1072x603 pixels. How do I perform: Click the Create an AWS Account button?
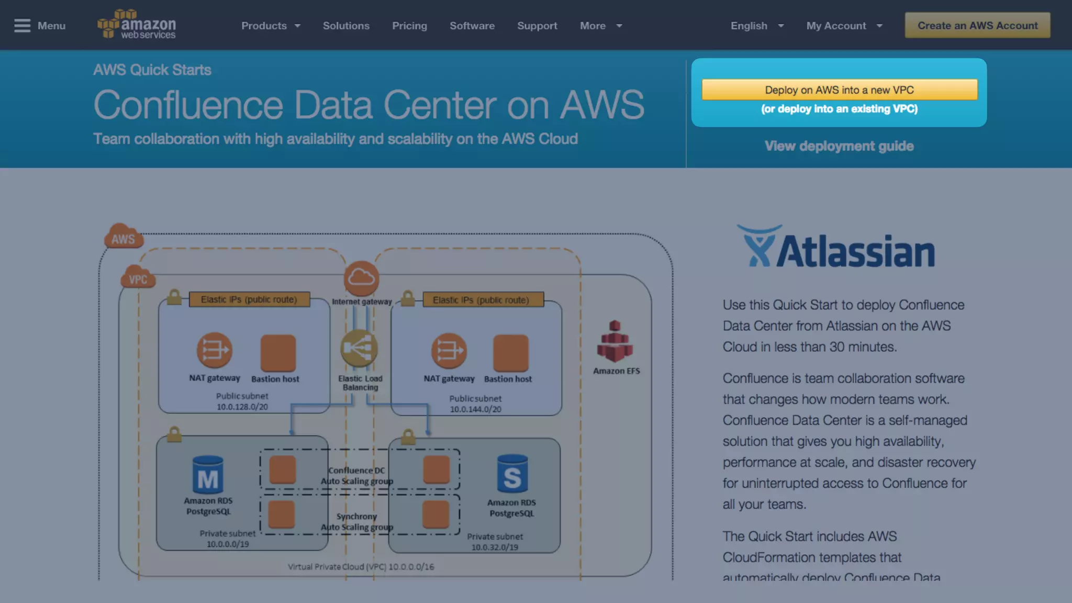pyautogui.click(x=977, y=26)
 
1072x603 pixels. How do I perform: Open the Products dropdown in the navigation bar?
pyautogui.click(x=271, y=26)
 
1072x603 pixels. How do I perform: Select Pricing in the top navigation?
pyautogui.click(x=409, y=26)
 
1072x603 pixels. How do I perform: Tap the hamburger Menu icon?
pyautogui.click(x=23, y=26)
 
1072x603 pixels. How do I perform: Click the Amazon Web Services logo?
pyautogui.click(x=137, y=25)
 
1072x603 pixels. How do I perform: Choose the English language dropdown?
pyautogui.click(x=756, y=26)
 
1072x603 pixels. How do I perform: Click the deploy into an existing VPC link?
pyautogui.click(x=839, y=109)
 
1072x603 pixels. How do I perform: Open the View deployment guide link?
pyautogui.click(x=839, y=146)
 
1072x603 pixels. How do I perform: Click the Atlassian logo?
pyautogui.click(x=835, y=247)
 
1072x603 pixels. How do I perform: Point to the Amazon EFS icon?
pyautogui.click(x=615, y=341)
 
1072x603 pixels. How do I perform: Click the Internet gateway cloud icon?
pyautogui.click(x=361, y=277)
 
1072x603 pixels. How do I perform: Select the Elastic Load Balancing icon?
pyautogui.click(x=359, y=348)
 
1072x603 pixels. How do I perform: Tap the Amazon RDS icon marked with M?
pyautogui.click(x=208, y=475)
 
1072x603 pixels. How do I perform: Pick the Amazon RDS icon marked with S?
pyautogui.click(x=512, y=474)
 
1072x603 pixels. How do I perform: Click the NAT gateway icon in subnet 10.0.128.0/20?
pyautogui.click(x=214, y=350)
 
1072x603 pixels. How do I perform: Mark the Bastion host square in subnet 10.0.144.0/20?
pyautogui.click(x=510, y=353)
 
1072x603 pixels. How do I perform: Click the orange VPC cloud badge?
pyautogui.click(x=138, y=278)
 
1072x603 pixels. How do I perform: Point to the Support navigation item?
pyautogui.click(x=537, y=26)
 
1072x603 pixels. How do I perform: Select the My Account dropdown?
pyautogui.click(x=844, y=26)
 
